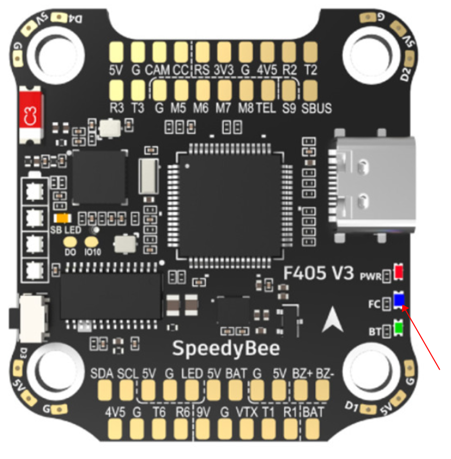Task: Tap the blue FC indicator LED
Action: pos(399,301)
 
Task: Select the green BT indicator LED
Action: pos(398,330)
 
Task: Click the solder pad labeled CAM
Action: pos(159,52)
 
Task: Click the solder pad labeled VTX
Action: pos(246,429)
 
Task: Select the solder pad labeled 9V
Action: pos(202,429)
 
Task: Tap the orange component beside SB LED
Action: pos(63,218)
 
